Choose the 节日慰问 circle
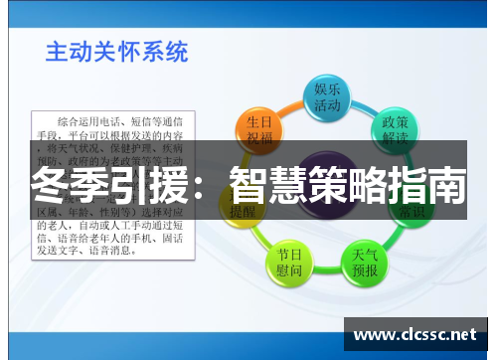click(289, 262)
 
